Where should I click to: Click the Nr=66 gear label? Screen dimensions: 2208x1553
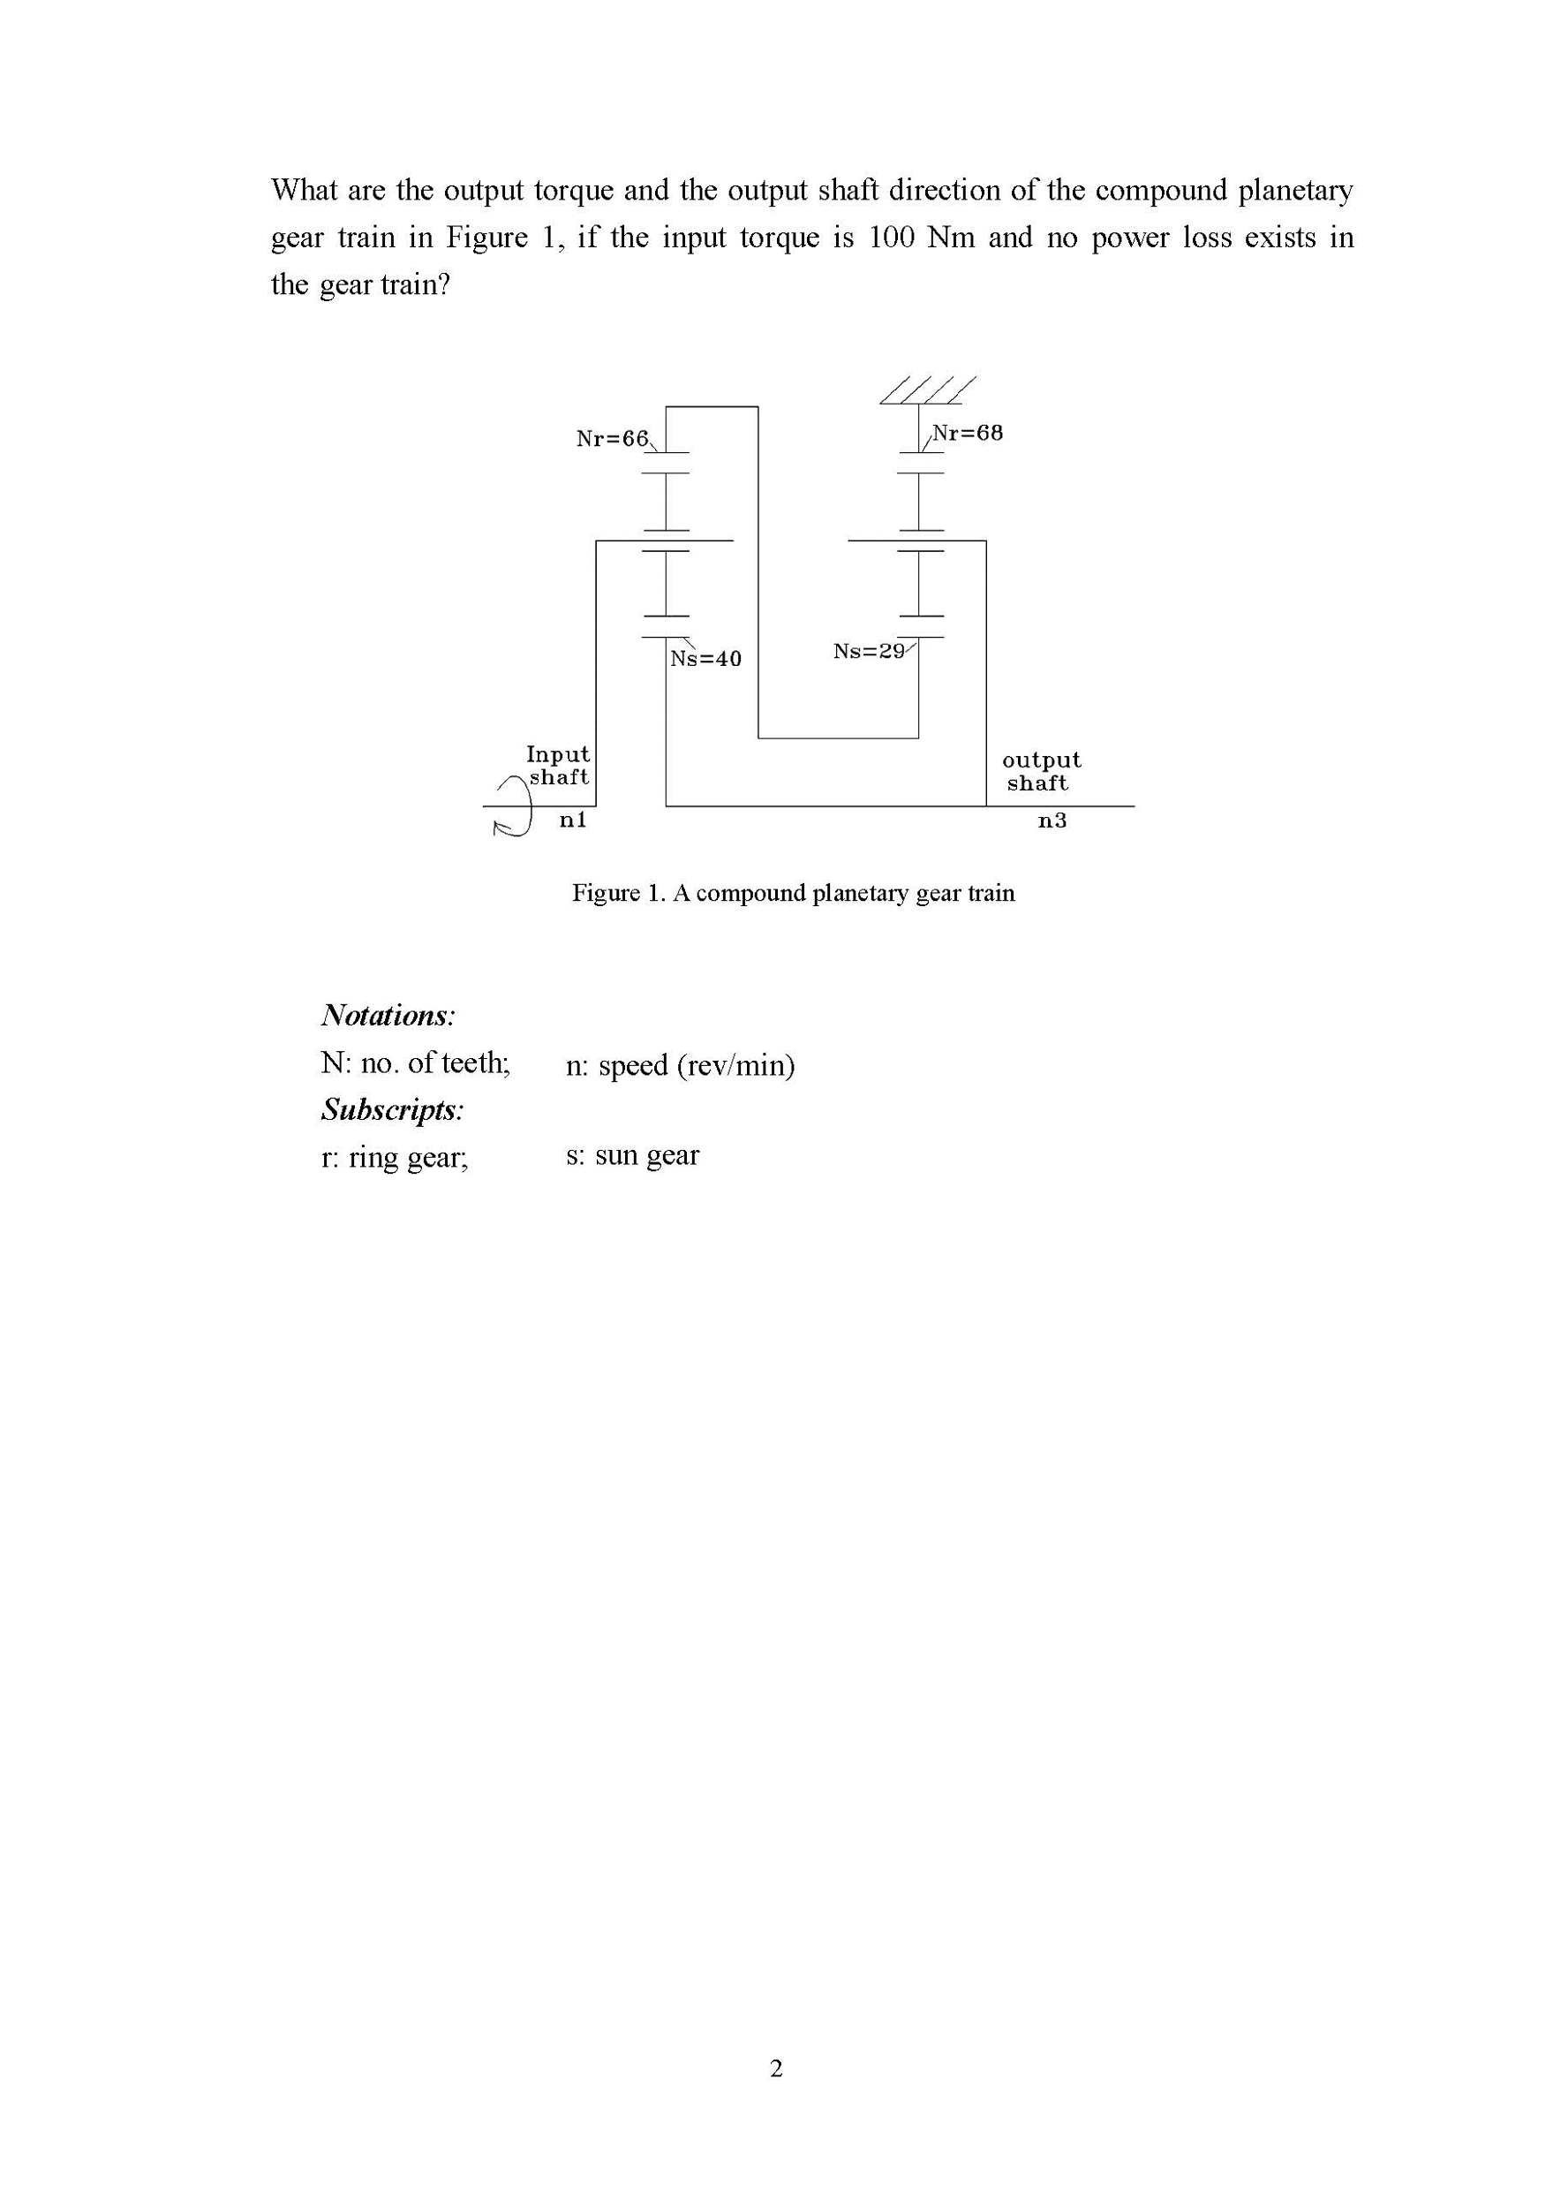pyautogui.click(x=612, y=439)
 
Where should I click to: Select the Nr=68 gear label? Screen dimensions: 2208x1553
pyautogui.click(x=968, y=433)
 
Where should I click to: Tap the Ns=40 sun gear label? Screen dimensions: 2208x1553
pyautogui.click(x=705, y=659)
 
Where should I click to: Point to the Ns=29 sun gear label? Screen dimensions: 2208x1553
pyautogui.click(x=870, y=651)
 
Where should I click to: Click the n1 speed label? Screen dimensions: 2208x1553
pyautogui.click(x=573, y=820)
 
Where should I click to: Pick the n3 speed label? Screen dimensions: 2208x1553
pyautogui.click(x=1052, y=820)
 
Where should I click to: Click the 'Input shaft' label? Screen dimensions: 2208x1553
pyautogui.click(x=558, y=766)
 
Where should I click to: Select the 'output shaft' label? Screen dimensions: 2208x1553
pyautogui.click(x=1040, y=771)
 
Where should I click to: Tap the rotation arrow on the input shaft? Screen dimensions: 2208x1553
pyautogui.click(x=514, y=807)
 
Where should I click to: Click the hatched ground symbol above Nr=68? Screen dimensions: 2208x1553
pyautogui.click(x=927, y=389)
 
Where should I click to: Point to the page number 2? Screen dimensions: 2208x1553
pyautogui.click(x=776, y=2068)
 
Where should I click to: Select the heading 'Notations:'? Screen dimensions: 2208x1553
pyautogui.click(x=388, y=1016)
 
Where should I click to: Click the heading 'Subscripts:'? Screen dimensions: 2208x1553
pyautogui.click(x=392, y=1110)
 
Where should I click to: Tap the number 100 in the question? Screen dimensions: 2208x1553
pyautogui.click(x=891, y=238)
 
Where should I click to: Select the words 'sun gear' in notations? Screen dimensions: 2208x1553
pyautogui.click(x=646, y=1155)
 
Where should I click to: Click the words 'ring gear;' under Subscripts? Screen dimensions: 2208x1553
pyautogui.click(x=408, y=1157)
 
